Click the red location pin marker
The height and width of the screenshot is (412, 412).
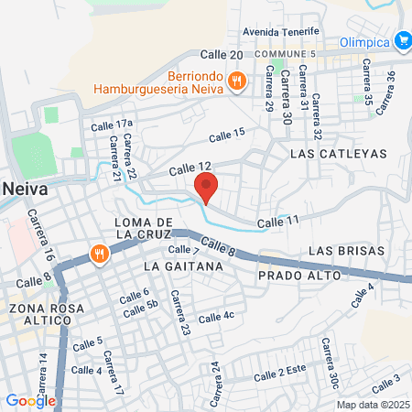[206, 190]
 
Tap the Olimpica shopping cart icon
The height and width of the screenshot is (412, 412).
[404, 40]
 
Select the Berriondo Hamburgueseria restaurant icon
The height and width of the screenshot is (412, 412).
[237, 81]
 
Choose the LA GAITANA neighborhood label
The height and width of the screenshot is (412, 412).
[184, 266]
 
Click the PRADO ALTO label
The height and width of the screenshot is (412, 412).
[300, 275]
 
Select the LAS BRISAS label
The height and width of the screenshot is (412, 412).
[339, 250]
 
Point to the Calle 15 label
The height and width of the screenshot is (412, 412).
[227, 135]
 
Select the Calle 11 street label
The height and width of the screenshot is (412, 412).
[278, 221]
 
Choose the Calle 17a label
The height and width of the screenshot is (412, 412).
[112, 125]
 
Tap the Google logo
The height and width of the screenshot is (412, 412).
[30, 400]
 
